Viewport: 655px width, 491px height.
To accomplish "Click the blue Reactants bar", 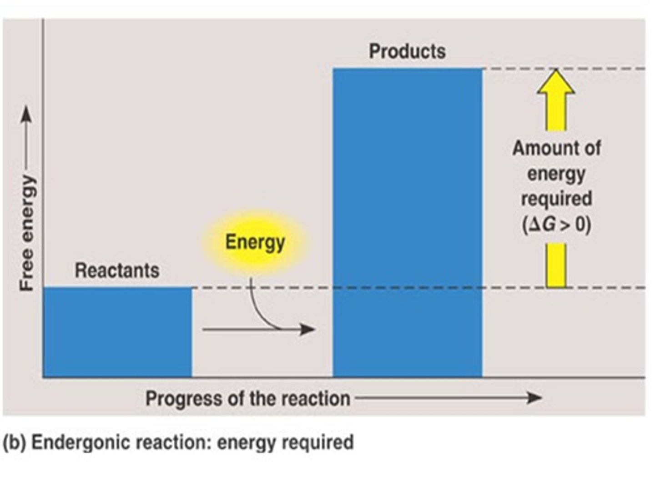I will point(117,332).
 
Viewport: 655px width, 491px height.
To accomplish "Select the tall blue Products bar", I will point(407,223).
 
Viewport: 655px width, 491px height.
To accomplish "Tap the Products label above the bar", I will point(407,51).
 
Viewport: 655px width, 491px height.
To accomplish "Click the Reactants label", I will point(117,271).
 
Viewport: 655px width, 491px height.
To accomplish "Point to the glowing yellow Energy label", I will point(255,242).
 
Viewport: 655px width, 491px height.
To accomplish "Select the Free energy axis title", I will point(27,232).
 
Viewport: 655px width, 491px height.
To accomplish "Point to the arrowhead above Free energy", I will point(27,114).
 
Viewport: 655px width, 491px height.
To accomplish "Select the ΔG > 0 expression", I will point(556,225).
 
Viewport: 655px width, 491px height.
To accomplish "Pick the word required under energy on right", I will point(556,199).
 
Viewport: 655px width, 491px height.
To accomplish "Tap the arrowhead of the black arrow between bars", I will point(308,329).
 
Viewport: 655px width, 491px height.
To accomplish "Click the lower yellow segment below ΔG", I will point(556,266).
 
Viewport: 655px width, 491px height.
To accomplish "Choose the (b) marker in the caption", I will point(13,442).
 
